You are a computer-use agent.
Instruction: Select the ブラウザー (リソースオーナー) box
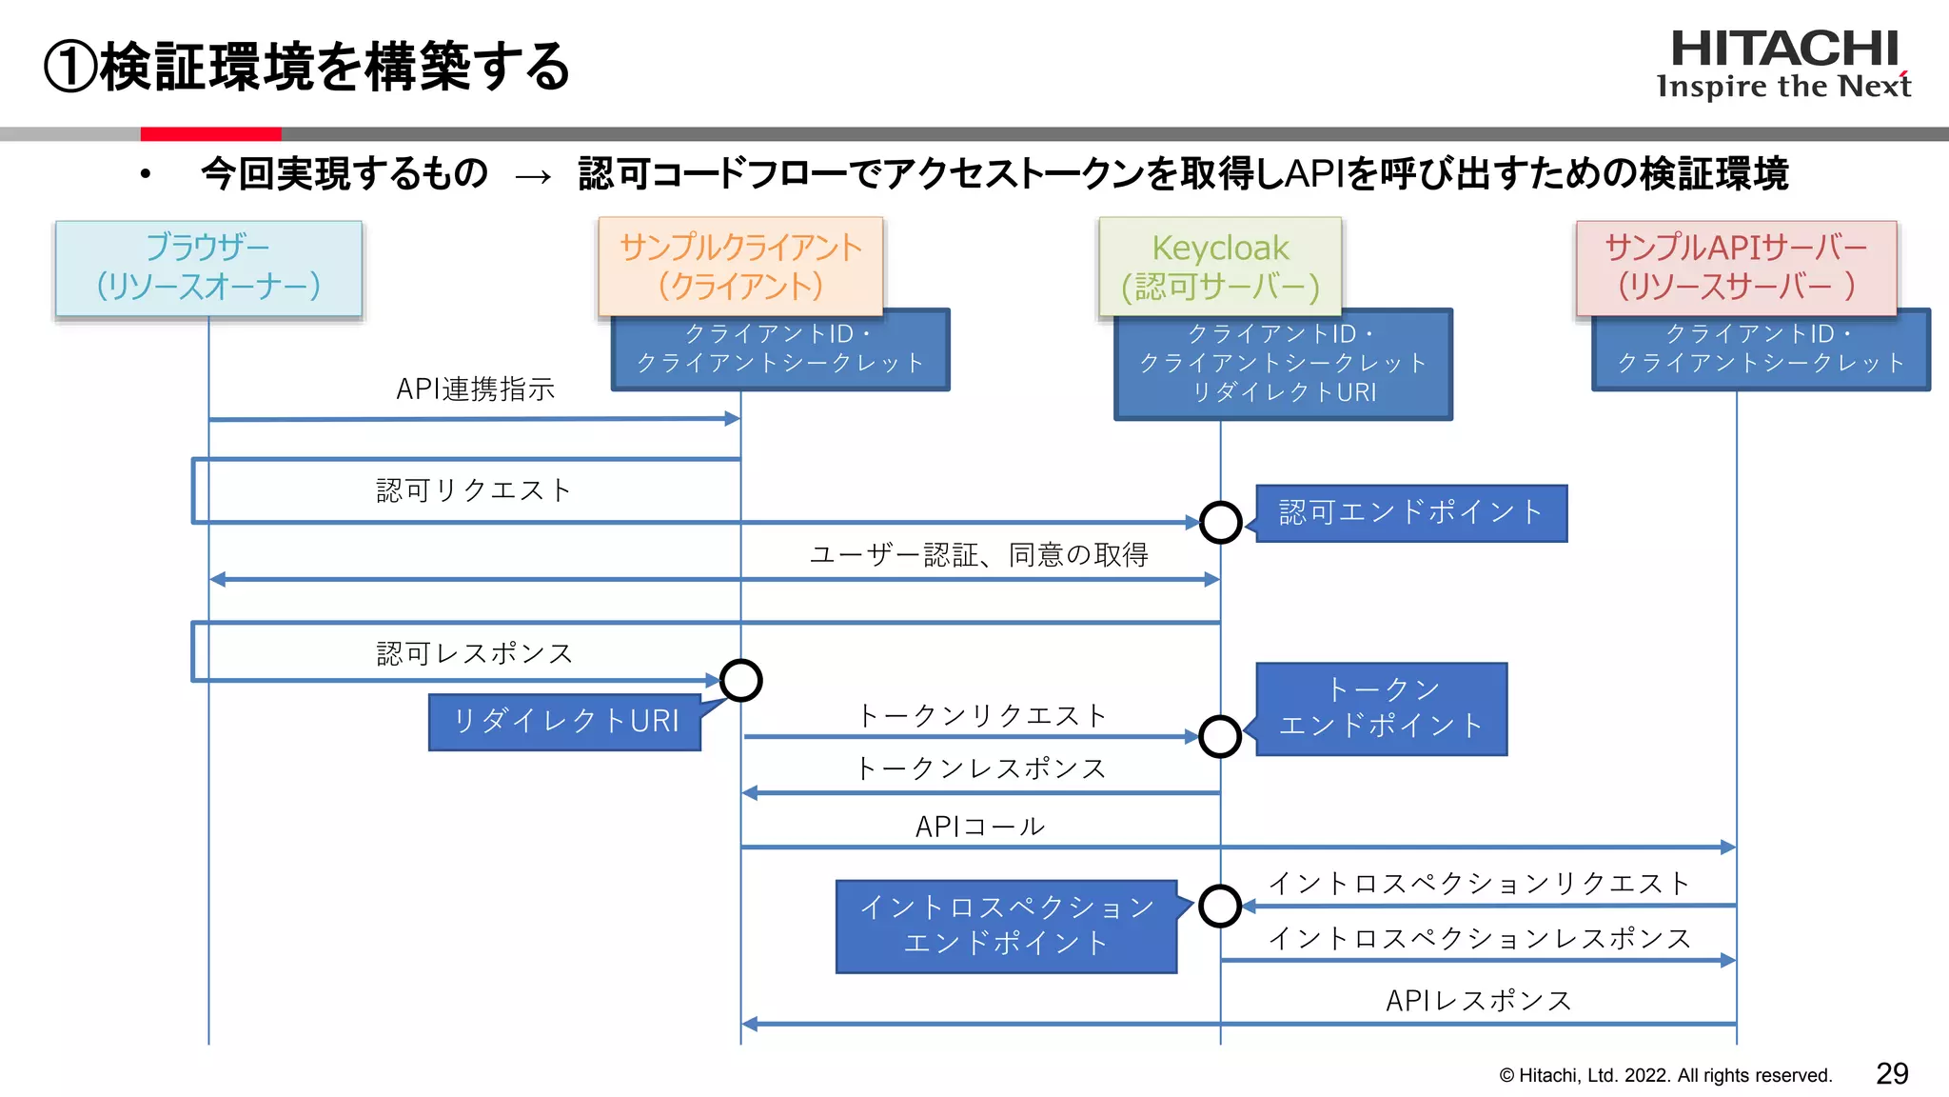point(208,268)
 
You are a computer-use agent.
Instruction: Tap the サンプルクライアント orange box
point(740,266)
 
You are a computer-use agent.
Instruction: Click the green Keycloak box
point(1220,266)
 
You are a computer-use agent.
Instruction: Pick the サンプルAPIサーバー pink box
point(1736,268)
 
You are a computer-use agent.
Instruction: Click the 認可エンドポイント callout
point(1411,513)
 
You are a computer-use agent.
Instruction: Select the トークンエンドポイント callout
point(1382,708)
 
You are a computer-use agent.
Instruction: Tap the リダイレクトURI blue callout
point(565,722)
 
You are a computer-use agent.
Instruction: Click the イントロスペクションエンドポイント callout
point(1007,926)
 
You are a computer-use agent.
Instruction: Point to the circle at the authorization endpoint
point(1220,522)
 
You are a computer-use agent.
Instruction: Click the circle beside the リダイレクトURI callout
point(740,680)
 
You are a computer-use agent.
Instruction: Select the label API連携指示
point(475,389)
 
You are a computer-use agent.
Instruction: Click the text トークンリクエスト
point(981,715)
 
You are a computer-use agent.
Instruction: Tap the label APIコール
point(980,827)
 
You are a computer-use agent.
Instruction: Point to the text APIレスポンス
point(1478,1000)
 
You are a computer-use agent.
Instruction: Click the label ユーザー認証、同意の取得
point(979,554)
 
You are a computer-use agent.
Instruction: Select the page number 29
point(1892,1074)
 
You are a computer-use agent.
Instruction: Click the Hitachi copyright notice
point(1665,1075)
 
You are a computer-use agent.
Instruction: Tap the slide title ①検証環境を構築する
point(307,67)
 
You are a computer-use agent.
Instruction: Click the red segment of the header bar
point(210,134)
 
